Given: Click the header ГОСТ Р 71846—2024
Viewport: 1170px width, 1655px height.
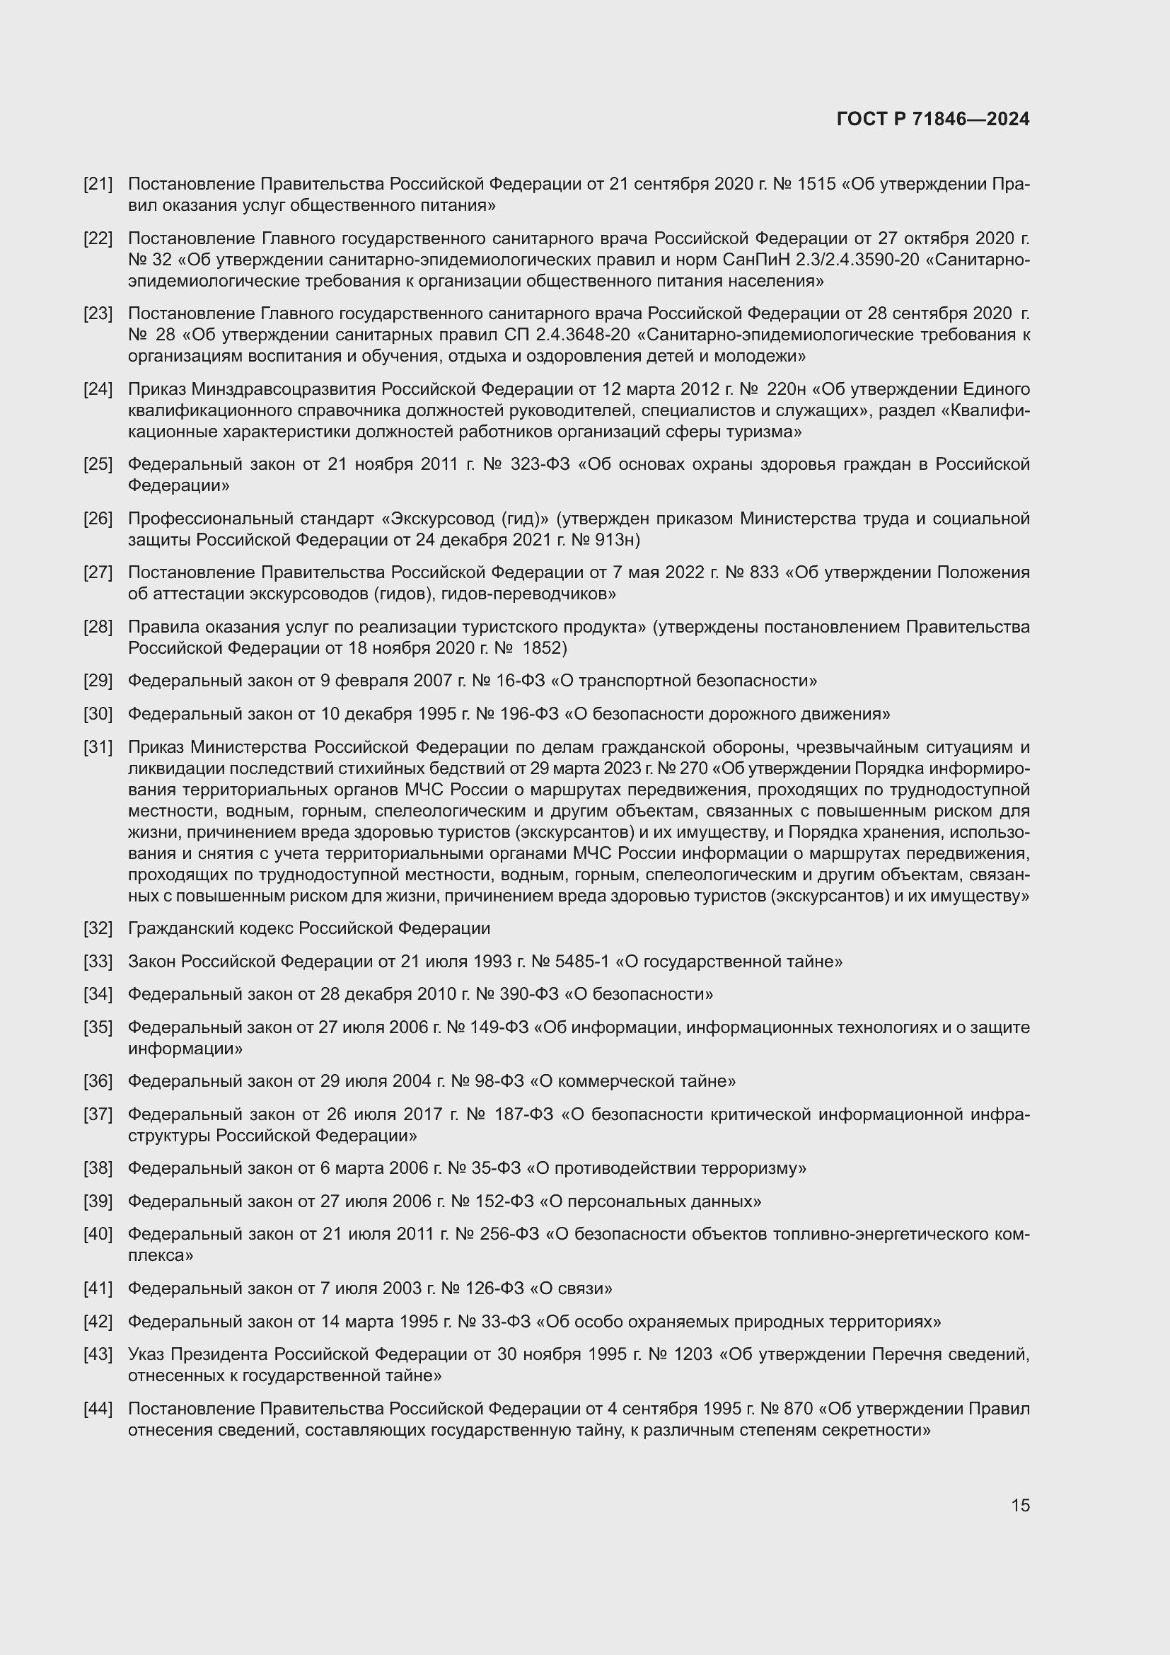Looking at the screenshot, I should pos(933,119).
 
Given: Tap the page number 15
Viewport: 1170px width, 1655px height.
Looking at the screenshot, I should pos(1020,1505).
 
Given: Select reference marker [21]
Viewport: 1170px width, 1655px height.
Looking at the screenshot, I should pos(98,184).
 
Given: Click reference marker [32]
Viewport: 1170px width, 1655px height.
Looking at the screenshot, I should pos(98,928).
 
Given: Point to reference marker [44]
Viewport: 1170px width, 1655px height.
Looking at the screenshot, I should pos(98,1409).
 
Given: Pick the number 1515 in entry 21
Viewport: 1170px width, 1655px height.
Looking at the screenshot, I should pos(817,184).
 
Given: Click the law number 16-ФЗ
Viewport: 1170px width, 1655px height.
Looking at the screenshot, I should pos(516,681).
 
